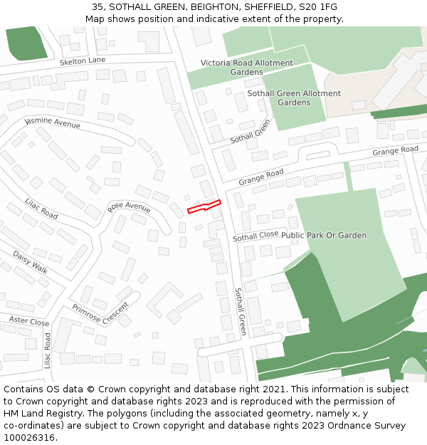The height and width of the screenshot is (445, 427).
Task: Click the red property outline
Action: point(204,207)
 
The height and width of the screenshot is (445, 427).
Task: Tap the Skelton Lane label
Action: point(83,61)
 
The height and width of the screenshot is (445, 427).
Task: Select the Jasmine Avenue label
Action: point(53,122)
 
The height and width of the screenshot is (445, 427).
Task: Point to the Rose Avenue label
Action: point(129,207)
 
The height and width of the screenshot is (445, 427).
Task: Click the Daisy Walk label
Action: point(30,262)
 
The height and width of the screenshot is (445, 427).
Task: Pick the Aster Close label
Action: point(28,322)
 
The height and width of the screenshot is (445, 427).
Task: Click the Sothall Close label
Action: point(255,236)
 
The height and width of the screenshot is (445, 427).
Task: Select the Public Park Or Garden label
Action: point(324,235)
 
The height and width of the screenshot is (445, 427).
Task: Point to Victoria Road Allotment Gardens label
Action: point(246,68)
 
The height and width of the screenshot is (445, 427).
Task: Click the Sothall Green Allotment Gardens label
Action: point(294,98)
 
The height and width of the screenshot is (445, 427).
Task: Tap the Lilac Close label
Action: point(48,351)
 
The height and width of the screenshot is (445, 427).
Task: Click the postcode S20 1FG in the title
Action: point(317,7)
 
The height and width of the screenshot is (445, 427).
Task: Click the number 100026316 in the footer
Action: point(28,437)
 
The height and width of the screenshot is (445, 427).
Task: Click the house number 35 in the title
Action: point(97,7)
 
